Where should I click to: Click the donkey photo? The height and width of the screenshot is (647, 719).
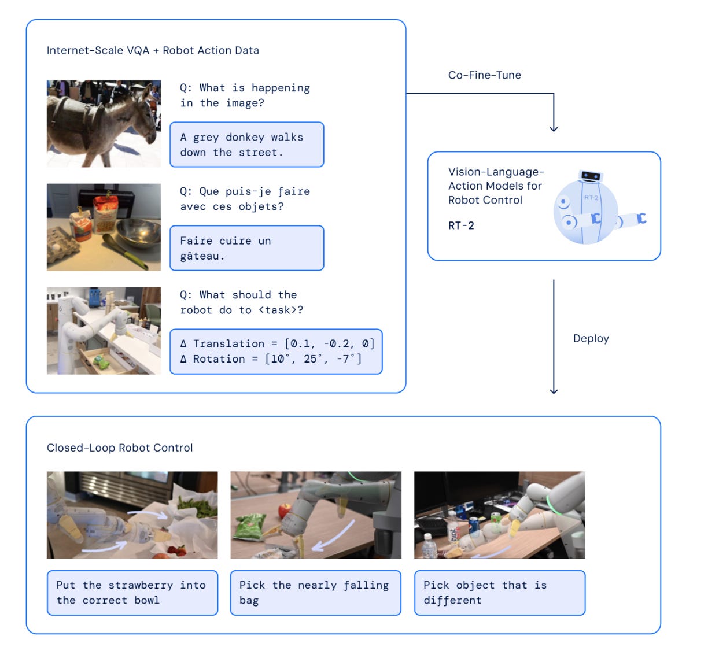[104, 123]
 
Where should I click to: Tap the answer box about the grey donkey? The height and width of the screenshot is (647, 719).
[246, 145]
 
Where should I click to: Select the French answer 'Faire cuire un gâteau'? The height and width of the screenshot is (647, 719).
[246, 248]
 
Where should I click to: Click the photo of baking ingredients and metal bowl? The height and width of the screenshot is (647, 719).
[104, 227]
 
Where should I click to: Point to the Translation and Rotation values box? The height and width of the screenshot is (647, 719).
[276, 352]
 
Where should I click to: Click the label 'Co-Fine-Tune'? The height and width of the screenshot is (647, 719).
[484, 75]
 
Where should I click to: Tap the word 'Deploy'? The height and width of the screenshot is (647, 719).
[591, 339]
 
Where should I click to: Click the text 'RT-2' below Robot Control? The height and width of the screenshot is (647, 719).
[461, 225]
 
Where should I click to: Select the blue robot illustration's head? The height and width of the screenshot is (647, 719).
[591, 176]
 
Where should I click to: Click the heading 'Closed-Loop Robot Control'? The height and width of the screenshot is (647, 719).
[120, 448]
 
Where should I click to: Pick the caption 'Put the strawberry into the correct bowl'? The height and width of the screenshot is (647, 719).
[132, 593]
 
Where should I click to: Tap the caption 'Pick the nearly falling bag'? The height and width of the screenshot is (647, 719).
[315, 593]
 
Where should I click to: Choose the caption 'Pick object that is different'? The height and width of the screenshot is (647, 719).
[499, 593]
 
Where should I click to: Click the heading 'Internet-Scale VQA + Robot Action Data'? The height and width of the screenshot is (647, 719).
[153, 51]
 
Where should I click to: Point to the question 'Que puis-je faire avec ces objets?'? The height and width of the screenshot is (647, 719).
[245, 199]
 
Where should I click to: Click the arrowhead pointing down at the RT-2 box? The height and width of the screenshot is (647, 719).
[554, 128]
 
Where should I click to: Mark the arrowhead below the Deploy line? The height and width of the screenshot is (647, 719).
[554, 391]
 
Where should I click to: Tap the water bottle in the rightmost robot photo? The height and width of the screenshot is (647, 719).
[428, 545]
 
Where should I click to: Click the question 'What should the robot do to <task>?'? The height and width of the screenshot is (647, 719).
[241, 302]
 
